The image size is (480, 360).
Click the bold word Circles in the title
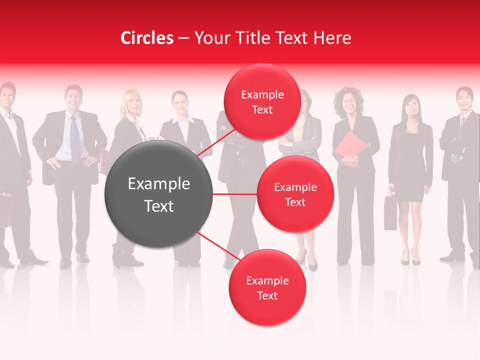tap(146, 38)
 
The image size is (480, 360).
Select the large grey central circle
tap(159, 194)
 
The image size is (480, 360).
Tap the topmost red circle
tap(262, 101)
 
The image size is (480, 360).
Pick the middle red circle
tap(295, 194)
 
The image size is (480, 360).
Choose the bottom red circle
tap(267, 287)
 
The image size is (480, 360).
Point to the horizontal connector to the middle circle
tap(235, 194)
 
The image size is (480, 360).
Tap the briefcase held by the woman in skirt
tap(390, 212)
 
